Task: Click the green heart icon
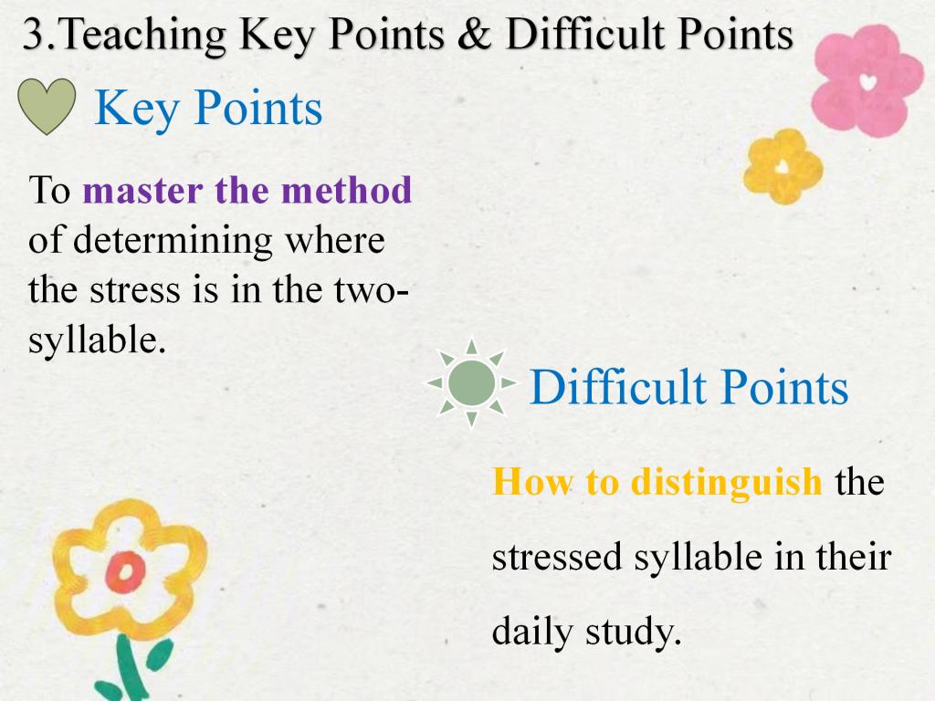(47, 106)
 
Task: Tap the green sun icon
(471, 382)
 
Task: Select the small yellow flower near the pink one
(783, 166)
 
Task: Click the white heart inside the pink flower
(868, 81)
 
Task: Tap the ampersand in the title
(475, 34)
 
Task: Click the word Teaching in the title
(143, 36)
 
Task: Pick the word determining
(173, 242)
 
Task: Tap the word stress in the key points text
(135, 291)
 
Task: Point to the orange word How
(531, 482)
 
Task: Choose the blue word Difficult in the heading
(618, 387)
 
